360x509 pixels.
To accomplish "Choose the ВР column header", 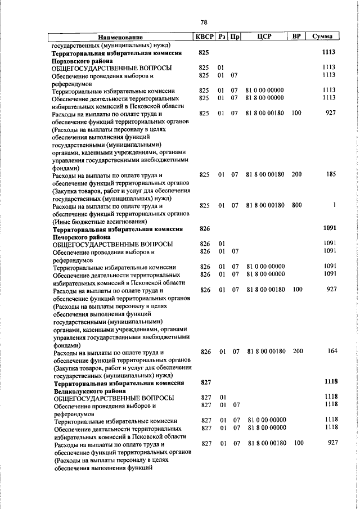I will pos(296,37).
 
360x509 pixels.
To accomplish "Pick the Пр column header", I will pos(236,37).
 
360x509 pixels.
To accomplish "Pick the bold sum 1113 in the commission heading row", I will pos(328,52).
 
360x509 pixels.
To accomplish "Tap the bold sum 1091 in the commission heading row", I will pos(329,229).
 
